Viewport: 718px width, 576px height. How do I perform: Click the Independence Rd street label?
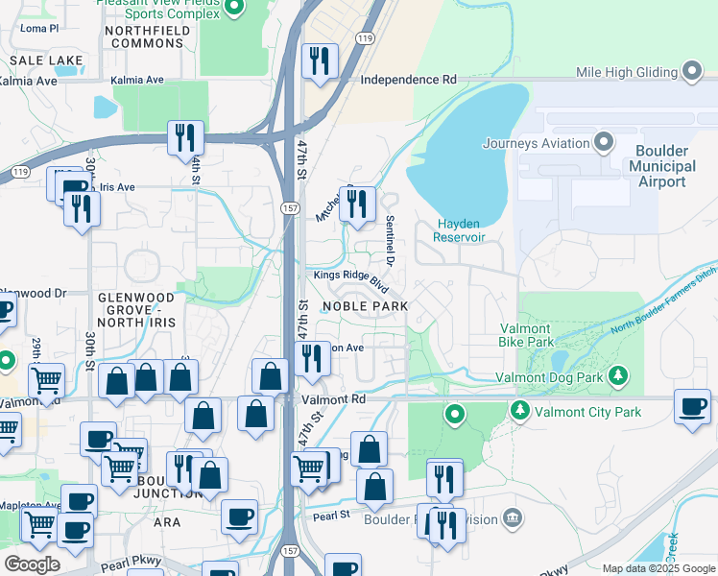pyautogui.click(x=408, y=81)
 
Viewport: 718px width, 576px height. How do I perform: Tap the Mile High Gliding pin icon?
pyautogui.click(x=692, y=72)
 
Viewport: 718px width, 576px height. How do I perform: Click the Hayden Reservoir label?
pyautogui.click(x=461, y=230)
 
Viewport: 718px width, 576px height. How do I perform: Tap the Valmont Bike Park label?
pyautogui.click(x=526, y=334)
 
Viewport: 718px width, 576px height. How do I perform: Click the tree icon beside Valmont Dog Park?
pyautogui.click(x=619, y=376)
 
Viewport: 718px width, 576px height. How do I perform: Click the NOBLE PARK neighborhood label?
pyautogui.click(x=365, y=306)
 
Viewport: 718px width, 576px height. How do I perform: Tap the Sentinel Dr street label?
pyautogui.click(x=391, y=240)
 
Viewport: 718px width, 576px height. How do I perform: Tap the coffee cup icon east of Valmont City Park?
pyautogui.click(x=692, y=405)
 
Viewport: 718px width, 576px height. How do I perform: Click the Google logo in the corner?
pyautogui.click(x=32, y=564)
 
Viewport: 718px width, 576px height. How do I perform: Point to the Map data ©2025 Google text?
pyautogui.click(x=658, y=568)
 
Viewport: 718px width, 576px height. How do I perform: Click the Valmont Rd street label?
pyautogui.click(x=333, y=398)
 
